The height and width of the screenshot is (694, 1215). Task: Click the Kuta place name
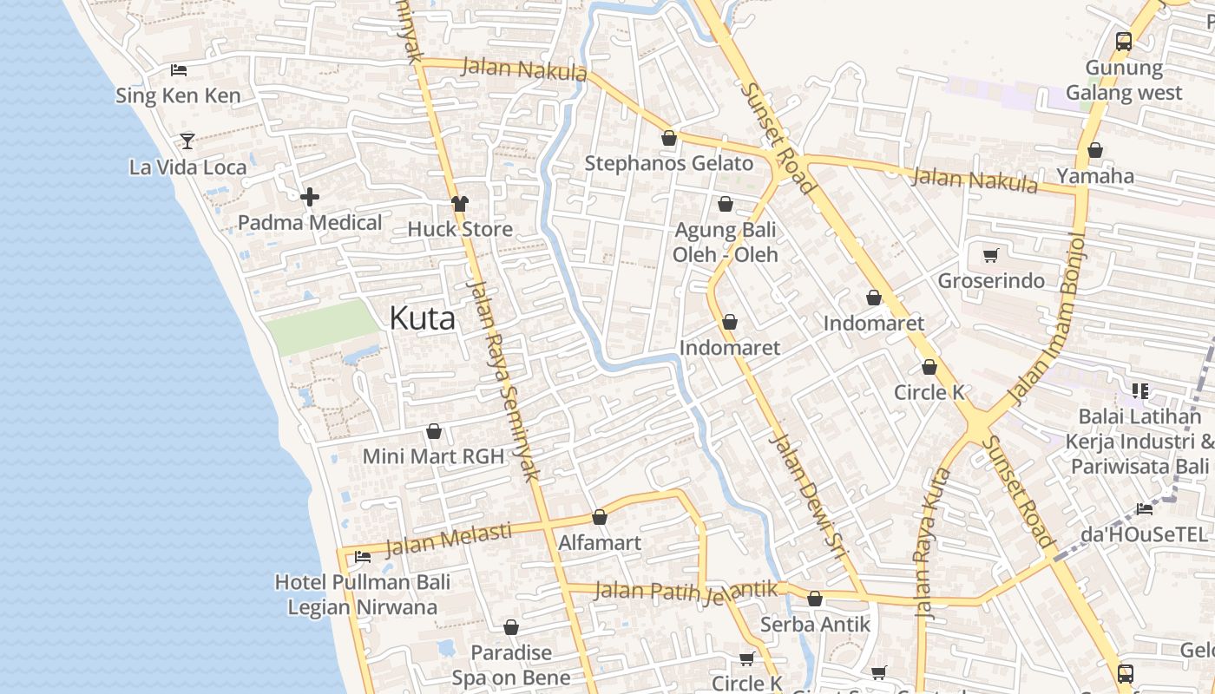422,318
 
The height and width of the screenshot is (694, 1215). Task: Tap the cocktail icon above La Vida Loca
187,141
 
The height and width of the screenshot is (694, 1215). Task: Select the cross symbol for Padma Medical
310,197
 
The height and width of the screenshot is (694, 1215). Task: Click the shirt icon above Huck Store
460,204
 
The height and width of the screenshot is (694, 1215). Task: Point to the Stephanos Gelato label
668,163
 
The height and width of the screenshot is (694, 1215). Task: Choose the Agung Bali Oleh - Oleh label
726,243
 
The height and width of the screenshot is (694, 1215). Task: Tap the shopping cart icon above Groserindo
990,255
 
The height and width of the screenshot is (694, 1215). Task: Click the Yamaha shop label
1095,176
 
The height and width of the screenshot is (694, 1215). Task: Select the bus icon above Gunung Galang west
1124,41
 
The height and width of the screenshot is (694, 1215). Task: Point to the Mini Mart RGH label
433,456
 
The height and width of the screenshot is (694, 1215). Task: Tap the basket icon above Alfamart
599,518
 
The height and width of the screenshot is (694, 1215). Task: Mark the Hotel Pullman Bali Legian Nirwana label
363,594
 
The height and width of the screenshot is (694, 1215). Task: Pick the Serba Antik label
815,625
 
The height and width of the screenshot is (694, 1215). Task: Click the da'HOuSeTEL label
1144,534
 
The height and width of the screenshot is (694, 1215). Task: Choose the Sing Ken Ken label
178,95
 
